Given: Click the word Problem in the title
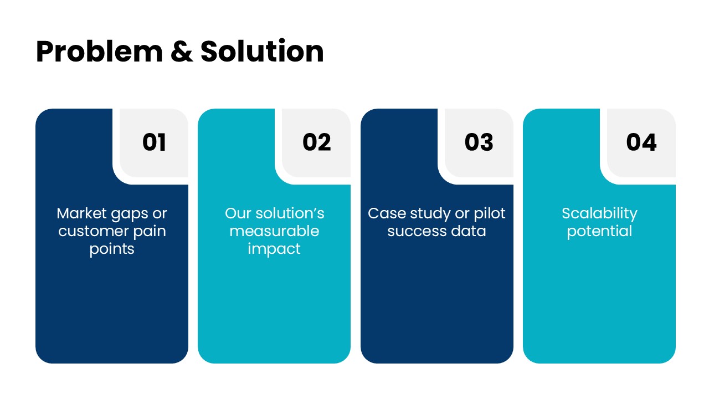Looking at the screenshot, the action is click(x=99, y=52).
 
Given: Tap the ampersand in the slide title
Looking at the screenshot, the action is click(x=182, y=51).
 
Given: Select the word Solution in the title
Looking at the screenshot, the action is click(x=262, y=50).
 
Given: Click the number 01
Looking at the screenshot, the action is click(x=154, y=142).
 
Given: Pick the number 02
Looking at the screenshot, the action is click(x=316, y=142).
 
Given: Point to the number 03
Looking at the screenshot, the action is click(x=479, y=142).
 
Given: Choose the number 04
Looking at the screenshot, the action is click(x=641, y=142).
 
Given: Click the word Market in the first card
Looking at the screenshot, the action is click(x=81, y=213).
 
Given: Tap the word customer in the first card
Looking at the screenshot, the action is click(x=94, y=231).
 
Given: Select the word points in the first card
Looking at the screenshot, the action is click(x=112, y=249).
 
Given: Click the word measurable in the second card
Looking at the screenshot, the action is click(x=274, y=231).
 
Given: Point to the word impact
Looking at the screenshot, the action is click(x=274, y=249).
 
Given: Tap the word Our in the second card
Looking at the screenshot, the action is click(x=238, y=213).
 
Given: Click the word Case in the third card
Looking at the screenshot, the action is click(x=387, y=213).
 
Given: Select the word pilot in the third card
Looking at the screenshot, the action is click(x=489, y=214).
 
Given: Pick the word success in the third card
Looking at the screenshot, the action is click(x=417, y=232).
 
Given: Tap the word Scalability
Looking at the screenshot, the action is click(x=599, y=214).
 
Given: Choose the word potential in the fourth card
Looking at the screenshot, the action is click(x=599, y=232).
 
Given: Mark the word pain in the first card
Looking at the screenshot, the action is click(x=150, y=232).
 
